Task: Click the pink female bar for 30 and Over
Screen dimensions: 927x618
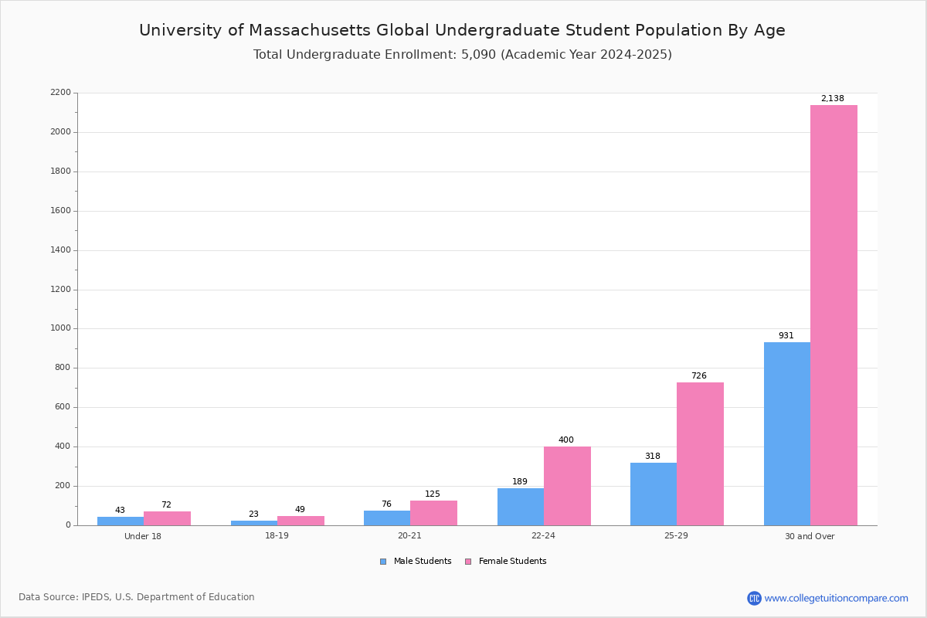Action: coord(834,315)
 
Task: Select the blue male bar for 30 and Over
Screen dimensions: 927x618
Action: coord(787,434)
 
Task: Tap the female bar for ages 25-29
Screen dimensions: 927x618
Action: coord(700,454)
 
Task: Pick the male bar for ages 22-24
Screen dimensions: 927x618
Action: coord(521,507)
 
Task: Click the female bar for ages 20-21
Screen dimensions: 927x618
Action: coord(433,513)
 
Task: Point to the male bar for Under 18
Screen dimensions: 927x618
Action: coord(121,521)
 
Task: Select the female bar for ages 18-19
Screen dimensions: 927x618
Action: coord(301,521)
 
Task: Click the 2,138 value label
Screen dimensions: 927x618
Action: coord(833,99)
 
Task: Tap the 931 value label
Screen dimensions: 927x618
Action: coord(786,336)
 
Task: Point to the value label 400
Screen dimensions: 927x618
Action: coord(566,440)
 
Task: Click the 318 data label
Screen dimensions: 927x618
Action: coord(653,456)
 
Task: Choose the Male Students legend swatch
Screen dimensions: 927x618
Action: coord(383,562)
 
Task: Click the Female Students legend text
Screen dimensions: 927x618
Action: coord(512,561)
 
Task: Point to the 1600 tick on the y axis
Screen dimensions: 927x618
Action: coord(60,211)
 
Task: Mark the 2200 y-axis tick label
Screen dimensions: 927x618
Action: coord(60,92)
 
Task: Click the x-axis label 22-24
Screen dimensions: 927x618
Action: coord(543,535)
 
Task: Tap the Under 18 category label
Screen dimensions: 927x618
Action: coord(143,536)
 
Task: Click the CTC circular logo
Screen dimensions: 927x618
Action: coord(754,598)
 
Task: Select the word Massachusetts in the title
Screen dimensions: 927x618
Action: coord(310,30)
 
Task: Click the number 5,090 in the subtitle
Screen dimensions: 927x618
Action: coord(478,55)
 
